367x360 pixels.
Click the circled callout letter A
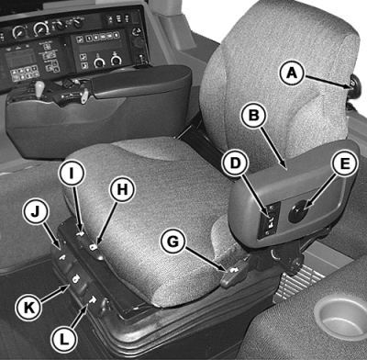(x=292, y=73)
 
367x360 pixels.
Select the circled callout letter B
(x=254, y=115)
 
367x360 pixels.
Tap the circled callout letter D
(x=235, y=163)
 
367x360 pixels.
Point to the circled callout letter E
(x=345, y=163)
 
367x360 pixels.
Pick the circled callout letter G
(x=173, y=242)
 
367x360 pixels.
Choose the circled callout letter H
(x=122, y=189)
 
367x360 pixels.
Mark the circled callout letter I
(x=72, y=173)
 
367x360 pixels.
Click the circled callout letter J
(x=36, y=212)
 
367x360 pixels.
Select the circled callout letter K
(x=29, y=308)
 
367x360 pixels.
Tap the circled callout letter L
(x=64, y=340)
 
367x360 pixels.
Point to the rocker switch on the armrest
(x=270, y=219)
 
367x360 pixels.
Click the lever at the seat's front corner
(x=235, y=273)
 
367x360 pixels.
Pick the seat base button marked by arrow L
(x=92, y=300)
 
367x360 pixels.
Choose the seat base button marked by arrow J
(x=63, y=258)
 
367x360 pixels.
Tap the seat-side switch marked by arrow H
(x=95, y=247)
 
